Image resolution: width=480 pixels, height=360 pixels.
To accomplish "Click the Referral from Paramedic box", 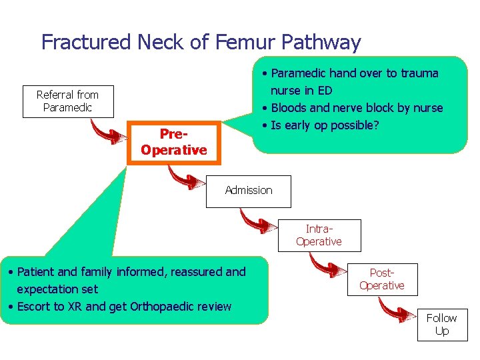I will [x=67, y=101].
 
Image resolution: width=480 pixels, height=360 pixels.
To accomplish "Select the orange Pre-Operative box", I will [x=173, y=142].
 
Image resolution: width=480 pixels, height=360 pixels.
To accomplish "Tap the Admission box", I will [x=249, y=191].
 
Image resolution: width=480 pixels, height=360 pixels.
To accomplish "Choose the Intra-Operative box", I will [x=319, y=235].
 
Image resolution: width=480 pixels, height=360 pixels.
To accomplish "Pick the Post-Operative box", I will [x=381, y=279].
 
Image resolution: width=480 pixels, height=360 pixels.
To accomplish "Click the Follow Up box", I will [x=441, y=325].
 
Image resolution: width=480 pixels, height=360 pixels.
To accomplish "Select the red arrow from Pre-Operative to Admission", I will [x=186, y=177].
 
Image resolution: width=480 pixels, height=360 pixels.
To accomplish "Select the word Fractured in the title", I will [x=86, y=43].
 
